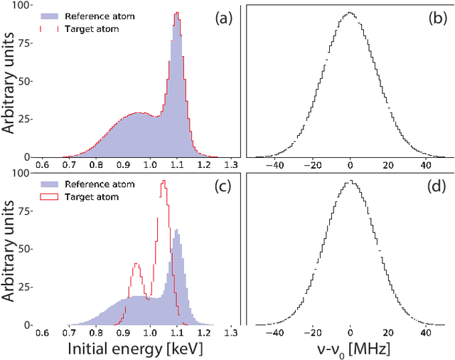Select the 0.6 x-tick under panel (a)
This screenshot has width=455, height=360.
(42, 164)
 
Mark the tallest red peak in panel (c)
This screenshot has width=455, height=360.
(164, 182)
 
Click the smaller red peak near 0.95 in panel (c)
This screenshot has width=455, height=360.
(136, 265)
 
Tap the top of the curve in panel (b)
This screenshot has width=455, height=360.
(350, 12)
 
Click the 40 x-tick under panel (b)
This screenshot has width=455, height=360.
(426, 164)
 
